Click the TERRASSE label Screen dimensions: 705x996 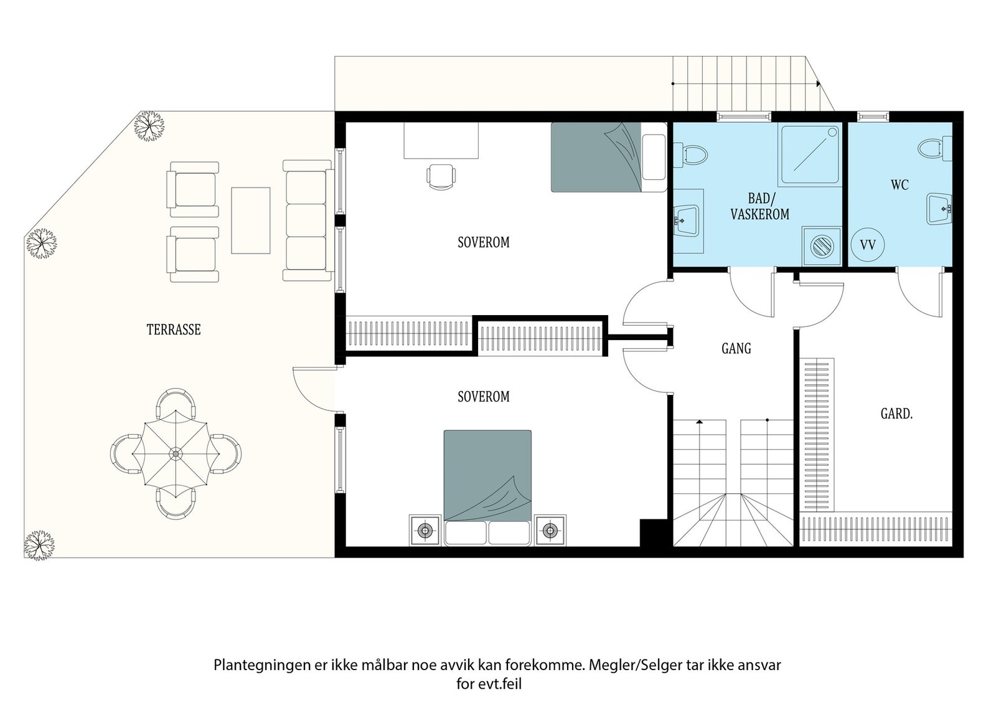click(x=174, y=329)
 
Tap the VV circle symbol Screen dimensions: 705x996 click(x=867, y=245)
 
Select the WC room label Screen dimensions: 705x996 click(x=900, y=185)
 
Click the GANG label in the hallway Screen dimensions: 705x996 click(x=736, y=349)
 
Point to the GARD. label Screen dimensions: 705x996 click(x=896, y=414)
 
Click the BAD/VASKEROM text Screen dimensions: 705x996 click(x=759, y=207)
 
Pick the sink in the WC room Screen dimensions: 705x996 click(x=939, y=209)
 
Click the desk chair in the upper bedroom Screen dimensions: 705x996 click(x=441, y=176)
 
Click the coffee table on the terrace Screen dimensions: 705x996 click(x=250, y=220)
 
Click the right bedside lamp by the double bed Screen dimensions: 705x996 click(x=550, y=530)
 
